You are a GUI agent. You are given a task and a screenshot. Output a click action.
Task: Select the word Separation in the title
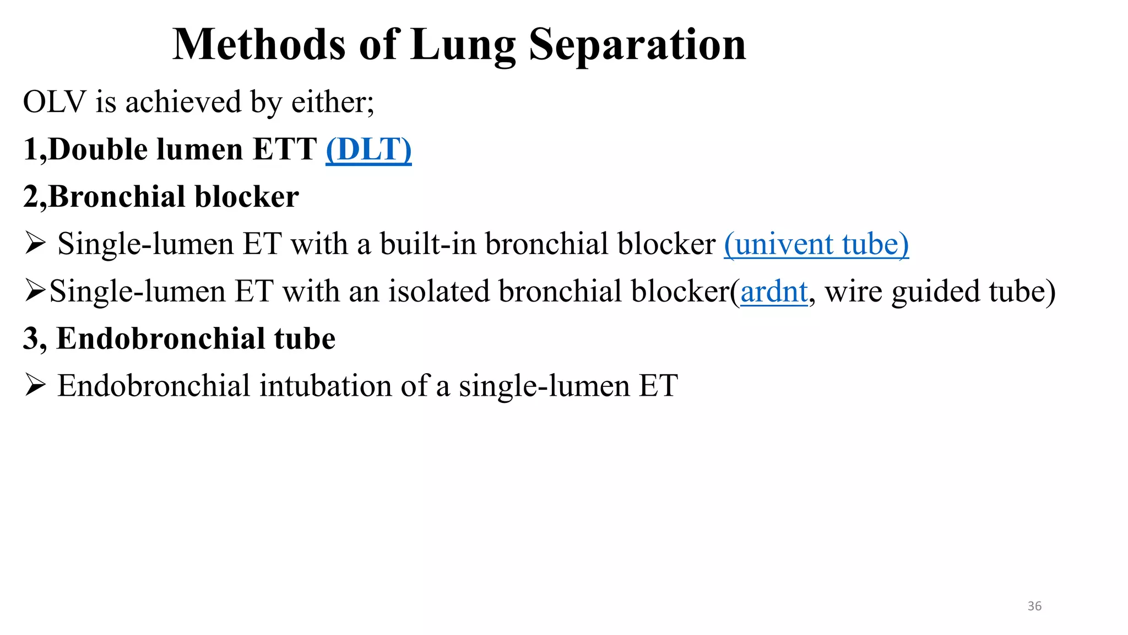(637, 45)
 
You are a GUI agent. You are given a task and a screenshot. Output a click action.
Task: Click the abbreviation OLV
(55, 103)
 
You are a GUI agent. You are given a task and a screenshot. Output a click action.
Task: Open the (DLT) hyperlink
(368, 149)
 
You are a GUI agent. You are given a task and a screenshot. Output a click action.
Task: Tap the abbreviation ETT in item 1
(285, 149)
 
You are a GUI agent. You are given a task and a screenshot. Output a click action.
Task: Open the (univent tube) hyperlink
(816, 244)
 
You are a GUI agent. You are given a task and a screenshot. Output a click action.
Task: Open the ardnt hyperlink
(774, 292)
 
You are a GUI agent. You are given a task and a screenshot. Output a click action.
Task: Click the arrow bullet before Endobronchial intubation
(35, 385)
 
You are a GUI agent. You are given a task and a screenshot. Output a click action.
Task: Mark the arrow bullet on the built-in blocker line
(35, 244)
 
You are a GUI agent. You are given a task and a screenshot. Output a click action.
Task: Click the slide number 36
(1034, 606)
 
